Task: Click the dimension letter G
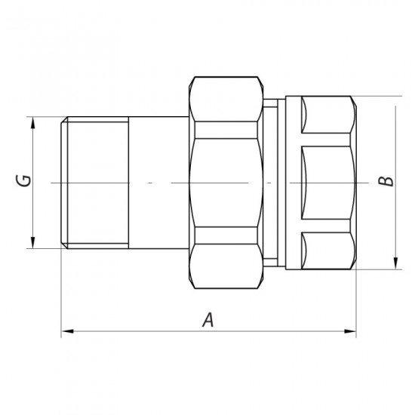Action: coord(24,181)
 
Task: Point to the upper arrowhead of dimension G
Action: coord(33,122)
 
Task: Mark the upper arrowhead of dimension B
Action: coord(395,102)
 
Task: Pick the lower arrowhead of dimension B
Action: coord(395,263)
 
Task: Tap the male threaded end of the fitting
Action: coord(94,182)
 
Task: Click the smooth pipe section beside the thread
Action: coord(158,182)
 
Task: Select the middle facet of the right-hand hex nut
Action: coord(327,182)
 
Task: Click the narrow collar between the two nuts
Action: coord(275,182)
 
